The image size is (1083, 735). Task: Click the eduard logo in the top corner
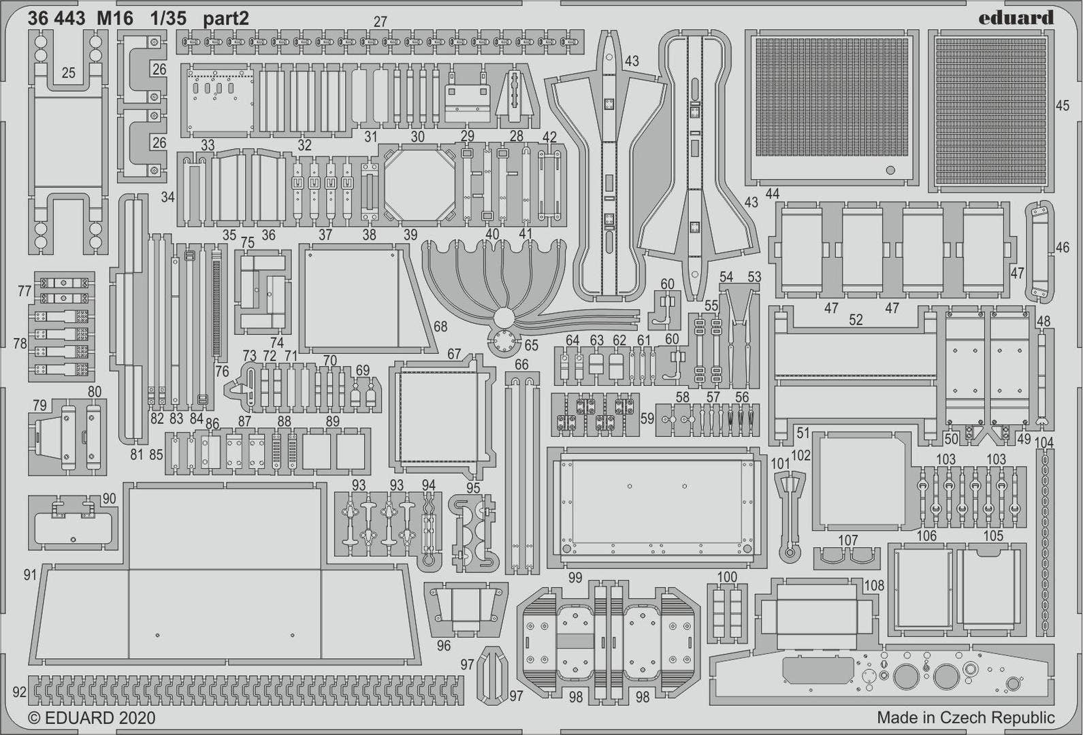coord(1016,18)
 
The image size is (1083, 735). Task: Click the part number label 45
coord(1062,105)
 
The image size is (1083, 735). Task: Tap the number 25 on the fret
coord(68,72)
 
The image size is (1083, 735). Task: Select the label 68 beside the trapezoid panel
coord(440,327)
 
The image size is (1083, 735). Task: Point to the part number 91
coord(29,575)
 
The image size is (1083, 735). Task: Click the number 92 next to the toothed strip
coord(19,692)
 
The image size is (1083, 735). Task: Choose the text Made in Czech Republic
coord(965,717)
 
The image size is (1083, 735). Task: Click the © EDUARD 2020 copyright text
coord(91,718)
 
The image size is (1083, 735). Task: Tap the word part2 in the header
coord(226,19)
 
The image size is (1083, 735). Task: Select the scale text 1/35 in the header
coord(169,19)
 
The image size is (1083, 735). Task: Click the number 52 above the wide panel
coord(856,320)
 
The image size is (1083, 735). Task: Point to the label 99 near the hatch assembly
coord(575,578)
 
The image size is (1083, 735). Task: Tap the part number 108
coord(873,585)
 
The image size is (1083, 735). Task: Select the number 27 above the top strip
coord(380,22)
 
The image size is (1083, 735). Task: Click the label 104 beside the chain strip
coord(1044,443)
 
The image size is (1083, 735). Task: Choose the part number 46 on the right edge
coord(1063,248)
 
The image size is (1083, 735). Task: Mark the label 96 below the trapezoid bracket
coord(443,645)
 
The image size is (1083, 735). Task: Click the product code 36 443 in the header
coord(56,19)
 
